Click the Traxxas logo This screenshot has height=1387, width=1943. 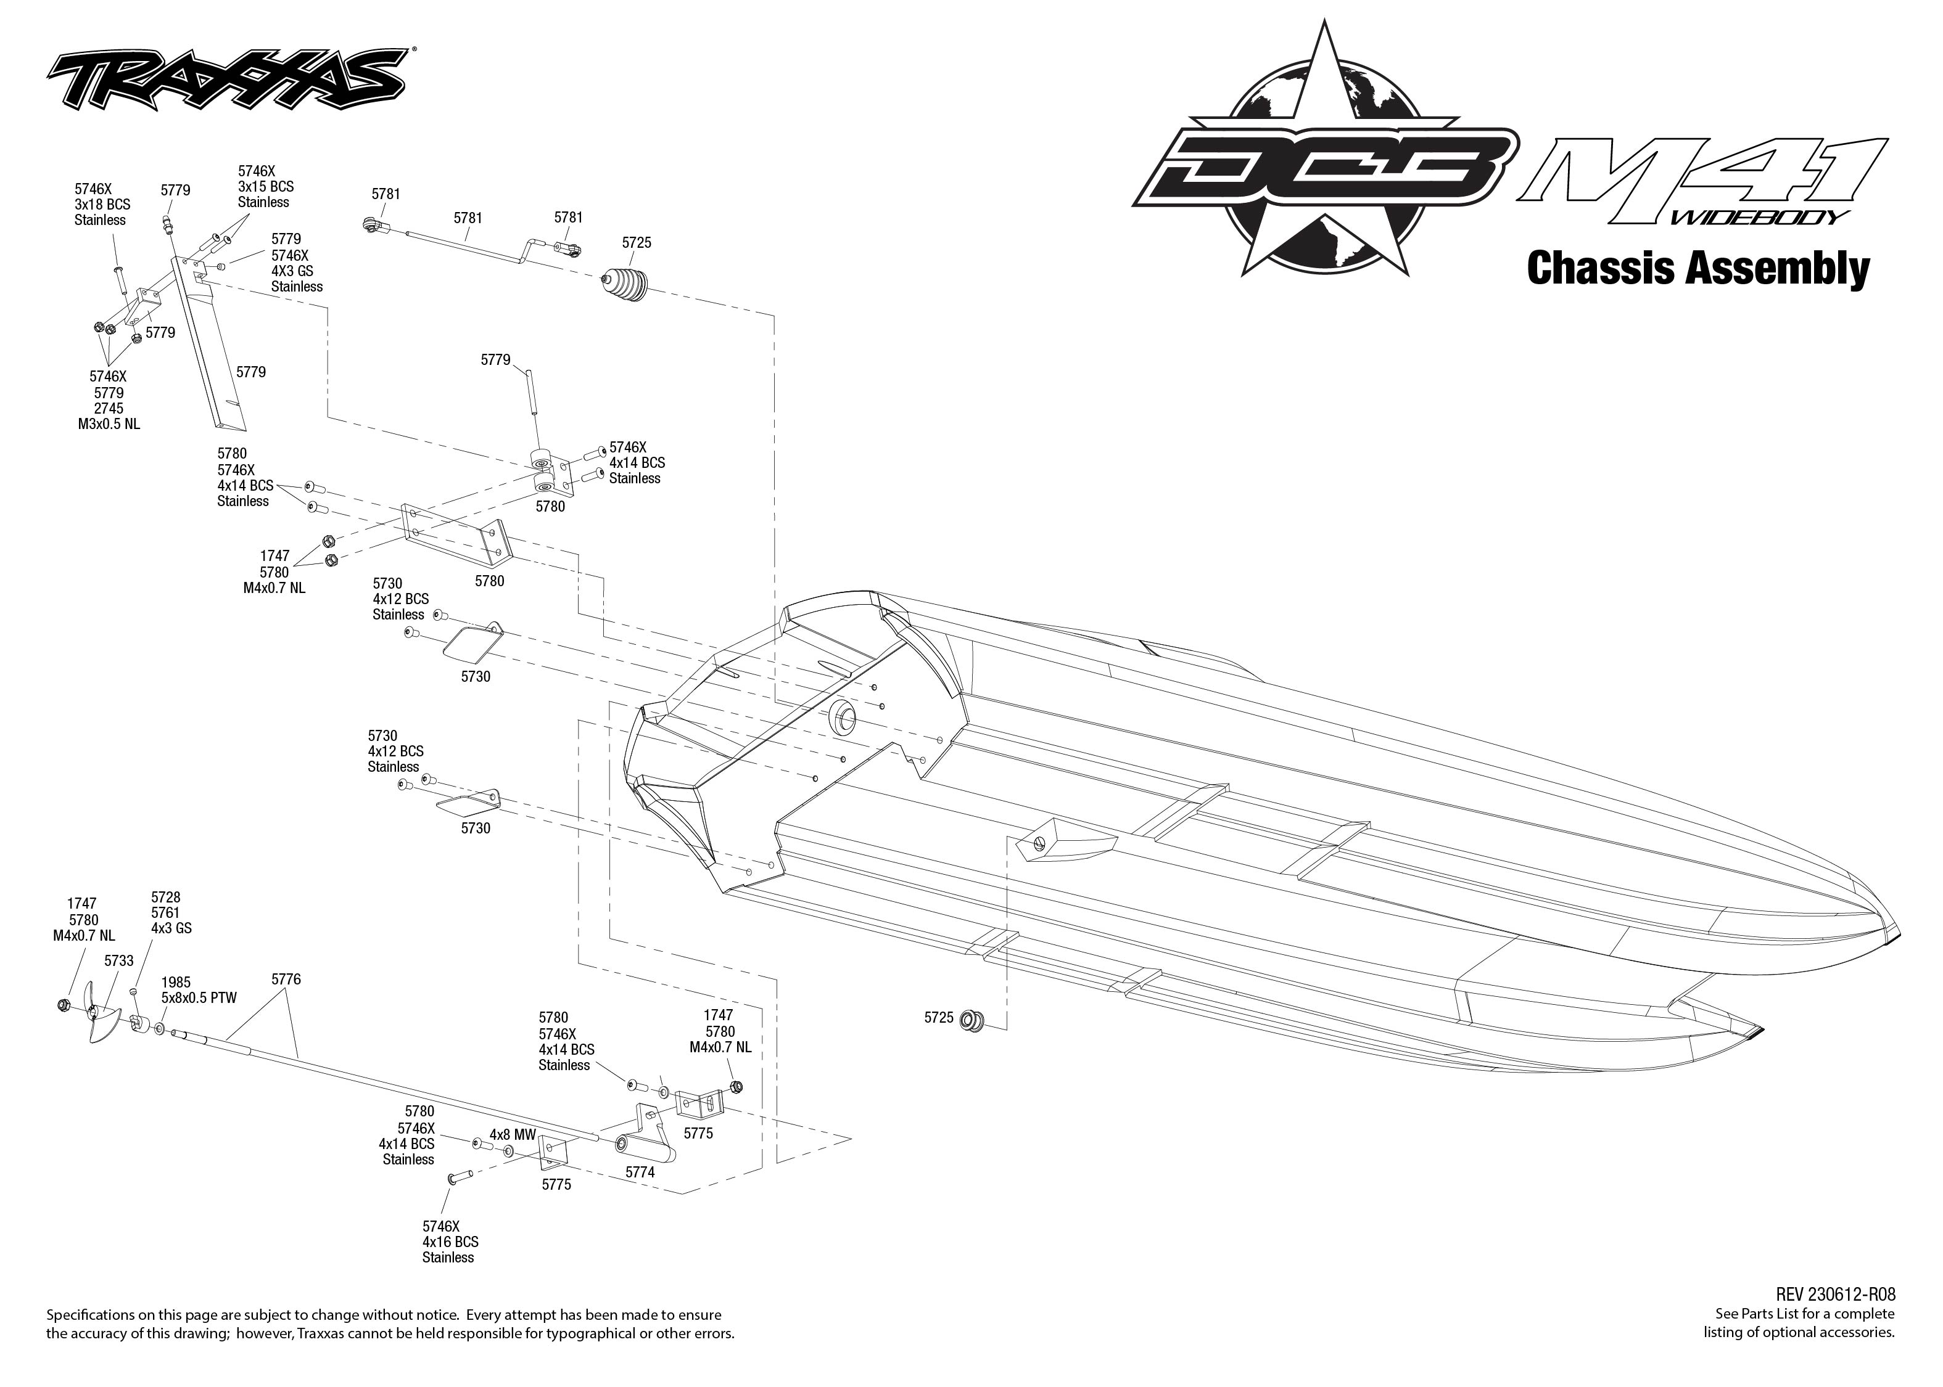226,80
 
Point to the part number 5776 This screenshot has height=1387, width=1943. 286,979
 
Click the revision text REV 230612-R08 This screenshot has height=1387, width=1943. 1834,1295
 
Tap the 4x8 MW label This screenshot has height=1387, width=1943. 512,1135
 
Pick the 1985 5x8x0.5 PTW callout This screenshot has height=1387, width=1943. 198,990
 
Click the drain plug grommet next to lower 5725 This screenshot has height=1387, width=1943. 972,1019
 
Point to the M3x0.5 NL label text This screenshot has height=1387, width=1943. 109,423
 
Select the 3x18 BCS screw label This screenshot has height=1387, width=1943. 102,204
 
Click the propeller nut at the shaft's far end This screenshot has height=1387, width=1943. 64,1004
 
